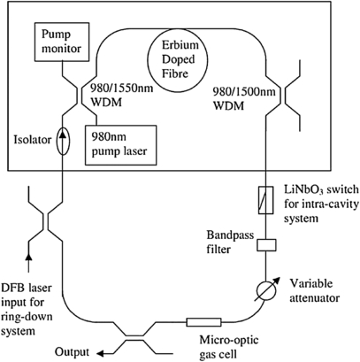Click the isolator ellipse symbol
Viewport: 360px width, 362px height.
[x=61, y=139]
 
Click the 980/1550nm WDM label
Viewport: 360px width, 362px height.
[x=116, y=96]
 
